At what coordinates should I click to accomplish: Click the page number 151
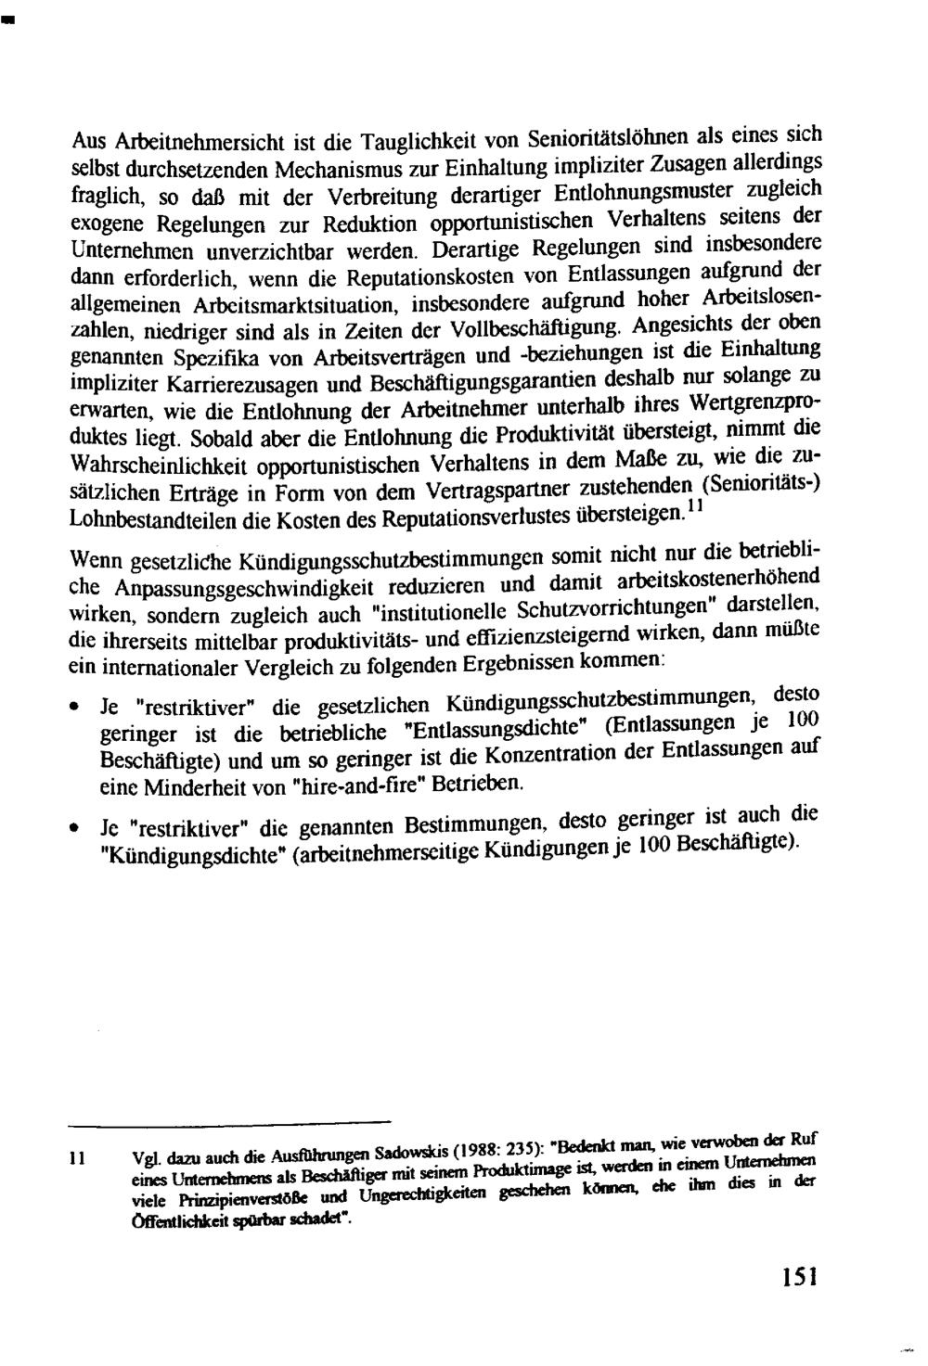(x=798, y=1278)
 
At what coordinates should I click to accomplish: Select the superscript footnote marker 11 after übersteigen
(x=693, y=508)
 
